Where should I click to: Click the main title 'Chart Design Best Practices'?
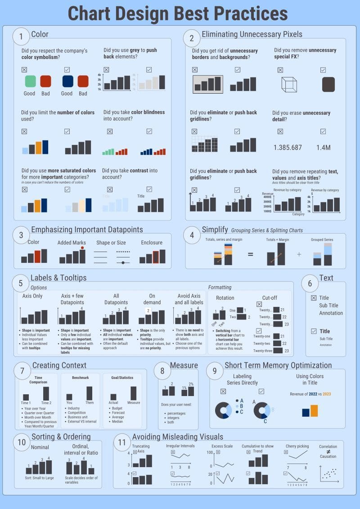pos(178,14)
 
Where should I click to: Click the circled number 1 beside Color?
pos(21,36)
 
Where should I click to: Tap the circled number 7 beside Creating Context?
pos(22,371)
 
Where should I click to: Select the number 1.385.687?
pos(288,148)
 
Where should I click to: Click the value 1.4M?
pos(324,148)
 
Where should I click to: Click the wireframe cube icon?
pos(289,84)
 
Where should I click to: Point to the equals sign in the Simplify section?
pos(250,254)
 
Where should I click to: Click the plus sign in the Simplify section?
pos(299,254)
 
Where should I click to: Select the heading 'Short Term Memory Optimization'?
pos(278,365)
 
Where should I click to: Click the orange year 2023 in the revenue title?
pos(326,394)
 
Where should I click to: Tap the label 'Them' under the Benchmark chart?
pos(90,402)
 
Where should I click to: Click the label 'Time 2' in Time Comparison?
pos(46,403)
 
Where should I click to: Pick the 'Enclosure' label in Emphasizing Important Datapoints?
pos(152,243)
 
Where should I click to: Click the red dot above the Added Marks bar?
pos(82,248)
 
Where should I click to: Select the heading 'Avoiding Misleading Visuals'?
pos(177,437)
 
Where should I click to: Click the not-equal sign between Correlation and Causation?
pos(328,451)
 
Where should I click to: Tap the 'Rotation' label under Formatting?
pos(225,298)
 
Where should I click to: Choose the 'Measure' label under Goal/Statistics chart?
pos(133,402)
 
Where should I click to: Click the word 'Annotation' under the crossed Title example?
pos(331,313)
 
